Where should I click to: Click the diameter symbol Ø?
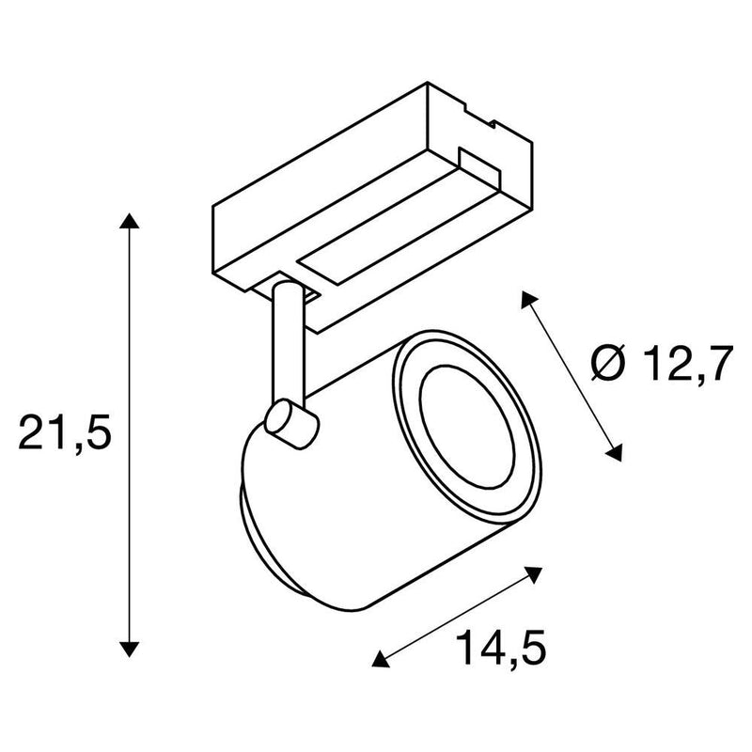[x=608, y=362]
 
